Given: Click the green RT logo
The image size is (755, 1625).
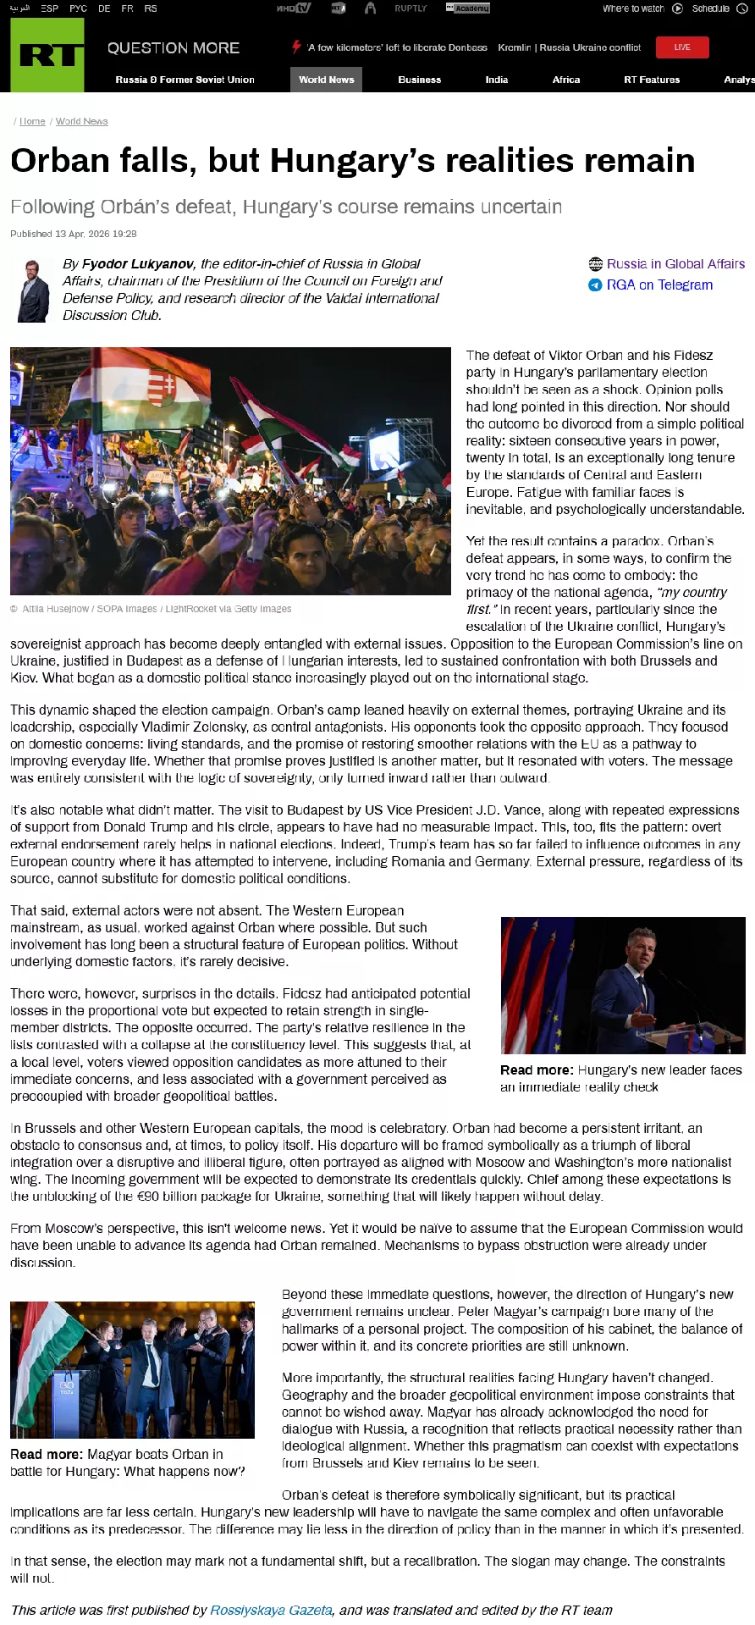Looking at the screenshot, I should (47, 55).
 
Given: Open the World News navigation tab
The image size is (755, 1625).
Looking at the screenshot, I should (326, 80).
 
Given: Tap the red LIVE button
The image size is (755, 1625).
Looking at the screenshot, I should (682, 47).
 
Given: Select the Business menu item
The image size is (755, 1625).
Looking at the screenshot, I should (420, 80).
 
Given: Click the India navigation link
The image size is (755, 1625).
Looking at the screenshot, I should (497, 80).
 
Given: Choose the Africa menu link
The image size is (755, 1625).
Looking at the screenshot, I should (566, 80).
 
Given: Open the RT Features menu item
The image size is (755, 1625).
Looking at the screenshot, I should (652, 80).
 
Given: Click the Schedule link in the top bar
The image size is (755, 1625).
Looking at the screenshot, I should (710, 8).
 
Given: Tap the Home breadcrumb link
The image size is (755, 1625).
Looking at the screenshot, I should (32, 121).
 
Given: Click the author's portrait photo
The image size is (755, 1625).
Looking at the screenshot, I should (34, 290).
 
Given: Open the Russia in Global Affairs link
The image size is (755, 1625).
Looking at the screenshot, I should (675, 264).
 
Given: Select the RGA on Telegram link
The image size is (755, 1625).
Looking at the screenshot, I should (659, 285).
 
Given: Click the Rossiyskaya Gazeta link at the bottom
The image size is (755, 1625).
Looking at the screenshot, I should (271, 1610).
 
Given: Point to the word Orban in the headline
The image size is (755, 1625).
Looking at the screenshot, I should (60, 161).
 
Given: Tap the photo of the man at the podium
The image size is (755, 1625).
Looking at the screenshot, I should (623, 985).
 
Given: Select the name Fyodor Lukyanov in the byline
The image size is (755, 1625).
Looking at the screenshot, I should (138, 264).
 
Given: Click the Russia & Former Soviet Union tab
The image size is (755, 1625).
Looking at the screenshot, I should (185, 80).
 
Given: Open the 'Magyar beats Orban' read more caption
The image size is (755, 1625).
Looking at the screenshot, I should (127, 1462).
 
